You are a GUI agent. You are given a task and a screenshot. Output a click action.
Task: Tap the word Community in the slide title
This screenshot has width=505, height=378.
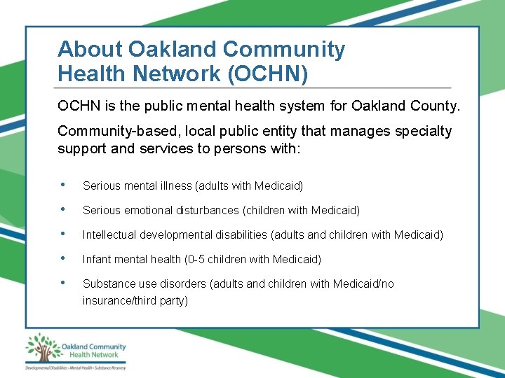coord(284,49)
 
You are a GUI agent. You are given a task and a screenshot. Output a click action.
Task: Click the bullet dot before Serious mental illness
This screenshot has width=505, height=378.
coord(64,185)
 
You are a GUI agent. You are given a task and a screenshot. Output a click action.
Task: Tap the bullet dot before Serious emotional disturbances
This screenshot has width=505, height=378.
coord(64,210)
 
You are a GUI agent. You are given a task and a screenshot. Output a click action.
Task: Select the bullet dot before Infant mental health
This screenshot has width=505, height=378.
coord(64,259)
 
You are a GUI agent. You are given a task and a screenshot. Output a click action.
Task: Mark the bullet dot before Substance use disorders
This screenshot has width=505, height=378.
coord(64,283)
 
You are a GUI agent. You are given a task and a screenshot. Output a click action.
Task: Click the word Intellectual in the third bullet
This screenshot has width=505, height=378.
coord(109,234)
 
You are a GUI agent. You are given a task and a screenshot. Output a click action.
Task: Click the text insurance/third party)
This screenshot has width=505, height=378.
coord(135,300)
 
